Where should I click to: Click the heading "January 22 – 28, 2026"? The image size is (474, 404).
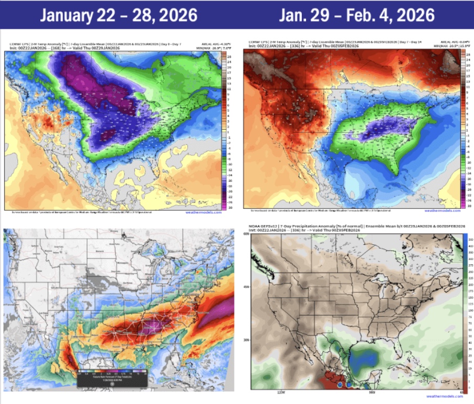118,15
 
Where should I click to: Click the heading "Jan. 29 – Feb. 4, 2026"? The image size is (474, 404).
357,15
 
